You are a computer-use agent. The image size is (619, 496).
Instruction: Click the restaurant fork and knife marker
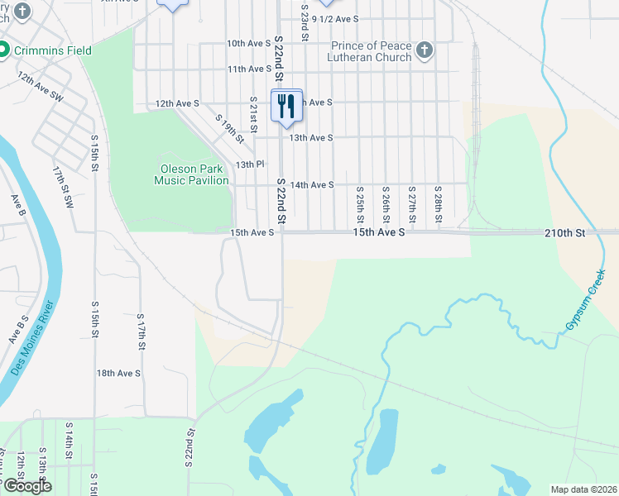click(x=286, y=106)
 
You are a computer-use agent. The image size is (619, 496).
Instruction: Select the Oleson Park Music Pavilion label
click(x=191, y=174)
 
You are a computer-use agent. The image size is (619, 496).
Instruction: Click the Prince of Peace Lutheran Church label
click(x=371, y=51)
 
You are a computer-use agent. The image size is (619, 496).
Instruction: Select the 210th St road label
click(x=564, y=234)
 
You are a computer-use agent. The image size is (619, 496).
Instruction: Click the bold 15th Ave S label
click(x=378, y=234)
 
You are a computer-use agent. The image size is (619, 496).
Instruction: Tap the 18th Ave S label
click(x=118, y=374)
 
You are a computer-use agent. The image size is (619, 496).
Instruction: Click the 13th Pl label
click(x=249, y=165)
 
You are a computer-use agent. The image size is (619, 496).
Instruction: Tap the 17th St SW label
click(x=63, y=187)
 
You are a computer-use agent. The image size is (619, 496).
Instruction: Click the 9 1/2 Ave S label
click(x=334, y=17)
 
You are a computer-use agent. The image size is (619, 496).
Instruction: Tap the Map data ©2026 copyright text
click(x=583, y=489)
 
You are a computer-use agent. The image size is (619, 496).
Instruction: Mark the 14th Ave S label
click(x=312, y=185)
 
